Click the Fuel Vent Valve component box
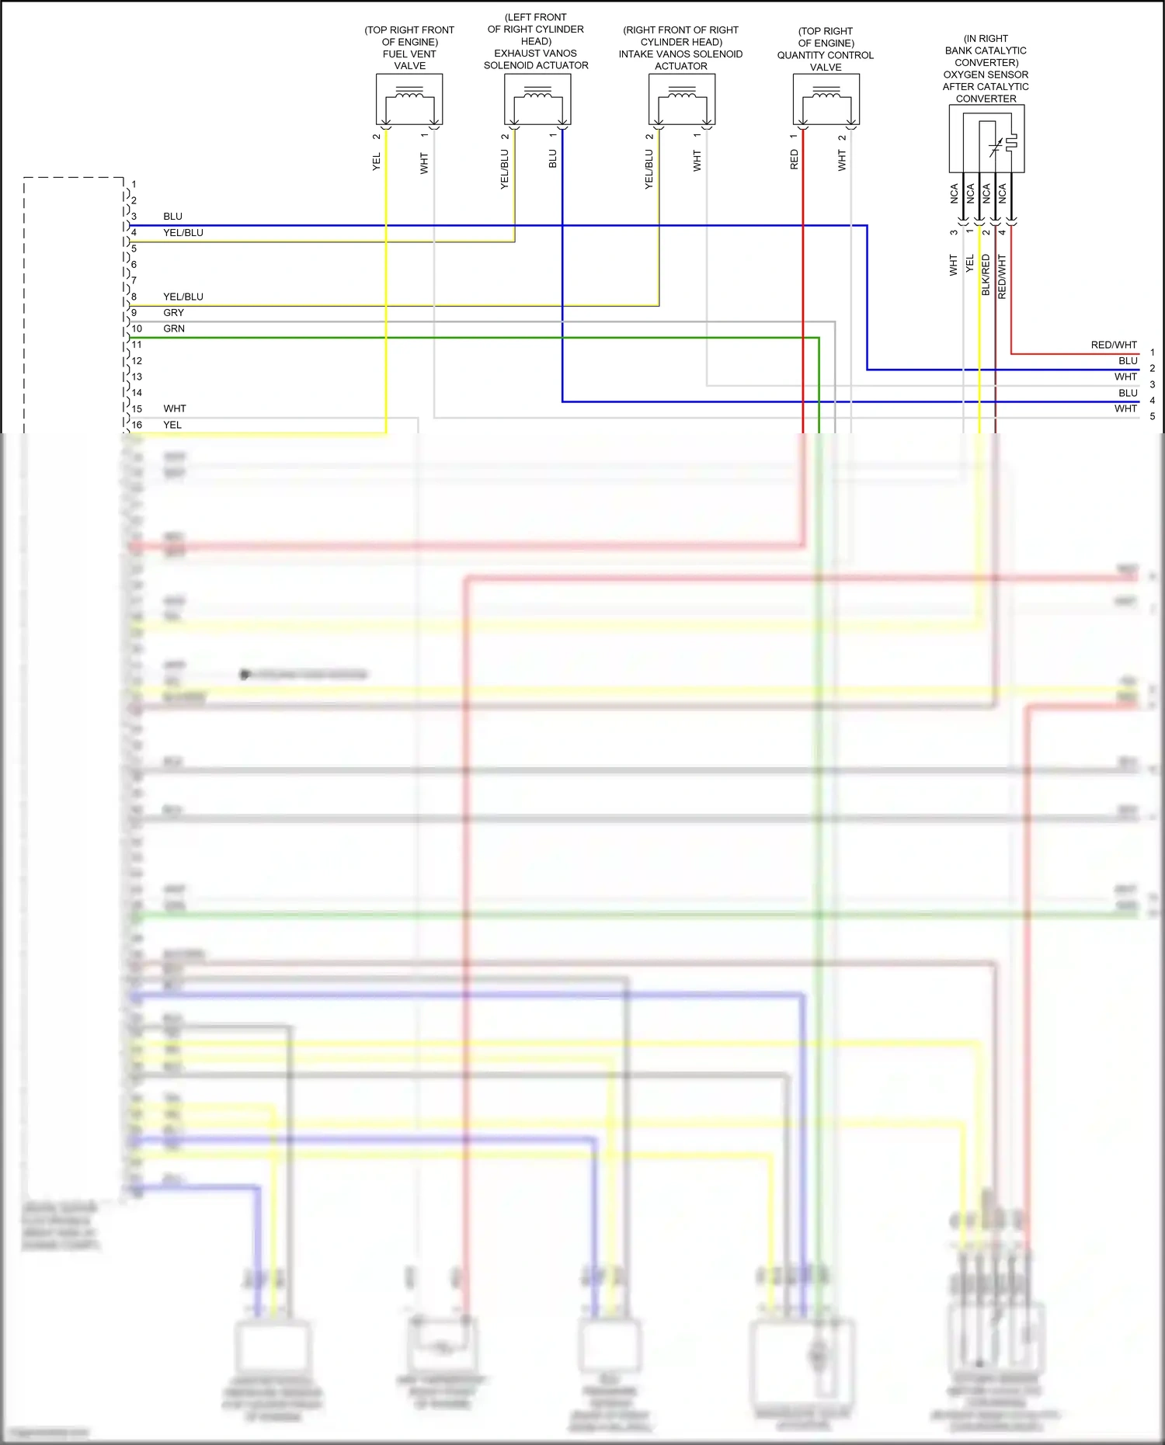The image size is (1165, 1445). coord(409,99)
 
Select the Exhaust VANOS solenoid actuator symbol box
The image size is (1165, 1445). coord(537,99)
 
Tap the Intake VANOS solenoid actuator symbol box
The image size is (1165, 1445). coord(682,99)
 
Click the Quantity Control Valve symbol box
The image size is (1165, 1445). coord(826,99)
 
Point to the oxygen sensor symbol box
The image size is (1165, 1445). coord(986,139)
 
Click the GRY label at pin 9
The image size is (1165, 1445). coord(173,313)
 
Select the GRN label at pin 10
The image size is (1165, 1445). coord(173,329)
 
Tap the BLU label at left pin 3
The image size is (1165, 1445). coord(172,217)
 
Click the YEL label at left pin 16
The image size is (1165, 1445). coord(172,426)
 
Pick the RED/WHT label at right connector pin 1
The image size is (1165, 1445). coord(1114,345)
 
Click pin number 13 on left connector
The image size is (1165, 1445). coord(137,377)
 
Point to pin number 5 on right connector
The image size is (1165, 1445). coord(1153,416)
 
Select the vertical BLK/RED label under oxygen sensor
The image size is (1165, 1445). coord(986,274)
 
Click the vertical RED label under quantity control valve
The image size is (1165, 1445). coord(794,160)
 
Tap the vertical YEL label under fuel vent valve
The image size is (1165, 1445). coord(377,162)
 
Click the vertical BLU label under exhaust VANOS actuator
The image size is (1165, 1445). coord(552,159)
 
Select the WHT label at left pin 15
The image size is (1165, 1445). coord(175,409)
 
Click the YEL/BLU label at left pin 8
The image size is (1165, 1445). coord(183,297)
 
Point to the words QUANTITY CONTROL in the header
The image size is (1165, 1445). coord(826,55)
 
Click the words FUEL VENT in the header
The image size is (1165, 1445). coord(409,54)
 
